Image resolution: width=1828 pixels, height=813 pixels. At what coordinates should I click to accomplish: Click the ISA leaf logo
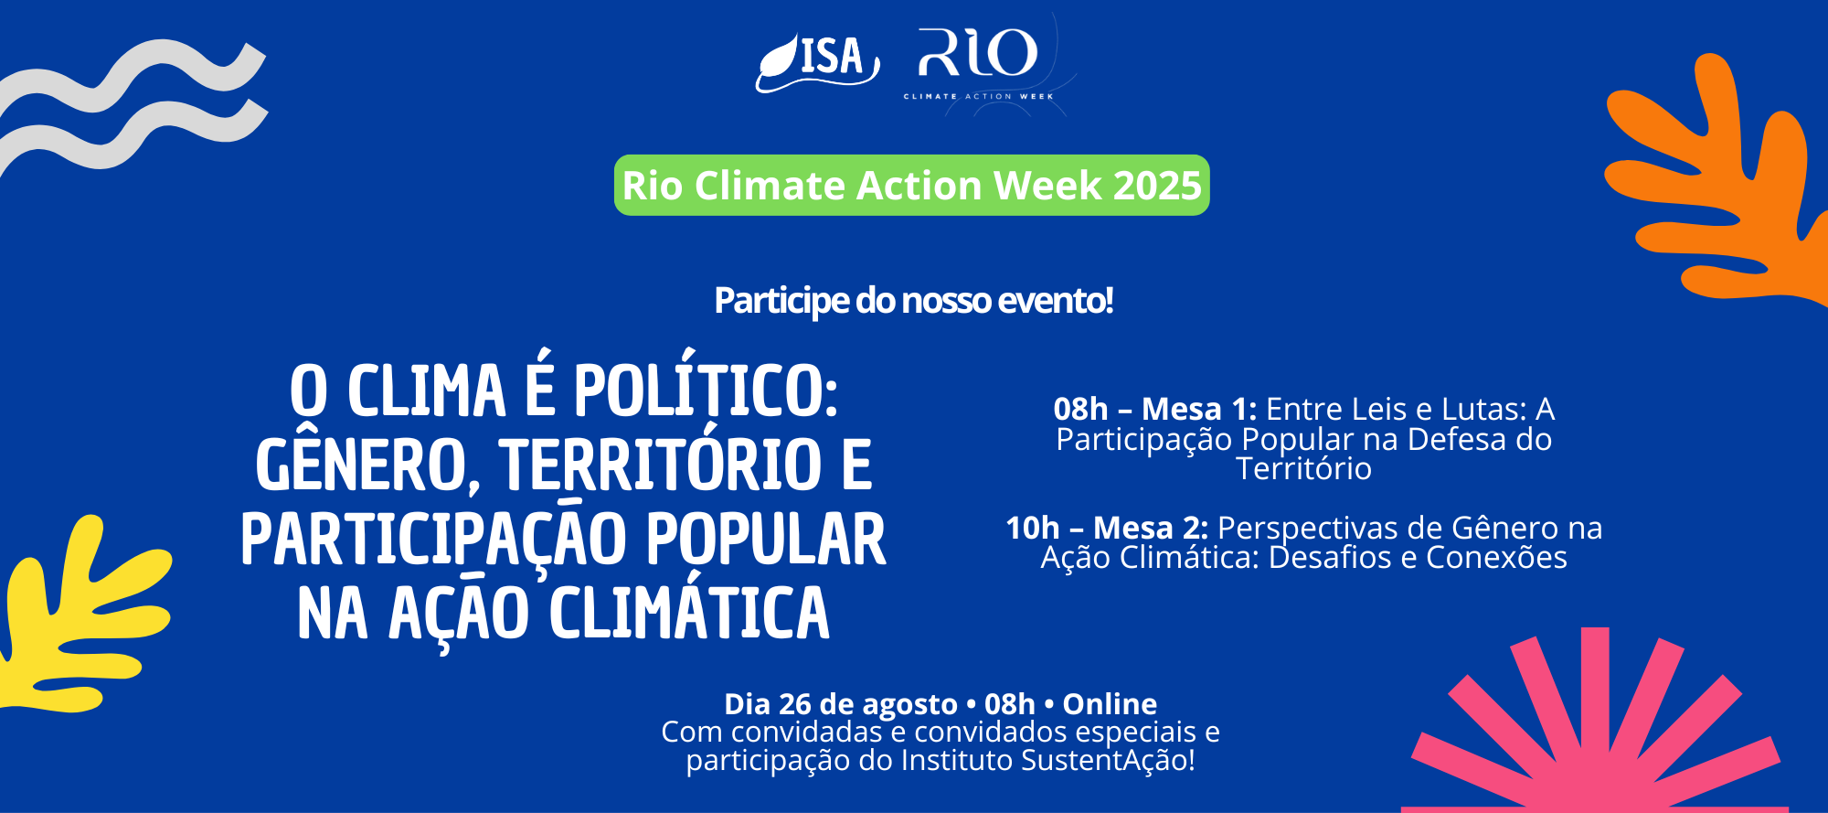(x=816, y=62)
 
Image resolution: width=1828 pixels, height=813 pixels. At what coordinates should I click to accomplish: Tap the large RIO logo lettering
(x=978, y=53)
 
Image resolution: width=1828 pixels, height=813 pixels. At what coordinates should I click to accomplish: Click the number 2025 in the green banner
(x=1157, y=186)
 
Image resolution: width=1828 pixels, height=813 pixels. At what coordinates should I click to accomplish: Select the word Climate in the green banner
(x=770, y=186)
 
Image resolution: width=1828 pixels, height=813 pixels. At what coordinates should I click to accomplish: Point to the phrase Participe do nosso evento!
(x=914, y=300)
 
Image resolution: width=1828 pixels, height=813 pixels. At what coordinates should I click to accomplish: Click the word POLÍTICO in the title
(x=706, y=390)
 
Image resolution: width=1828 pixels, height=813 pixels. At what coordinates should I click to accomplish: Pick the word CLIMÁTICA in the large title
(x=689, y=611)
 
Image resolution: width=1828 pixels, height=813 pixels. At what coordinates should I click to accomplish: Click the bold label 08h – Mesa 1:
(x=1155, y=409)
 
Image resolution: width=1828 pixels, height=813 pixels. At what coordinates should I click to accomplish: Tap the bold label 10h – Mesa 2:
(x=1107, y=528)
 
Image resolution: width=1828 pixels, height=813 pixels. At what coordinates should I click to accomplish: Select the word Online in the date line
(x=1110, y=704)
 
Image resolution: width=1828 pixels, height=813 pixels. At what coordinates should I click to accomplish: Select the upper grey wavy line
(x=128, y=73)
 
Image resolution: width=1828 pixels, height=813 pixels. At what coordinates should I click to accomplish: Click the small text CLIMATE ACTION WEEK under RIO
(x=978, y=96)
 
